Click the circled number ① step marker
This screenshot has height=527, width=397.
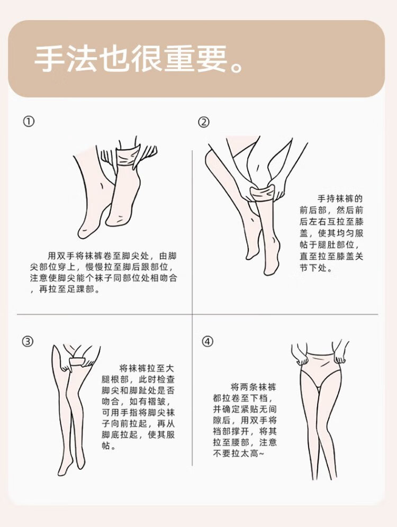[29, 121]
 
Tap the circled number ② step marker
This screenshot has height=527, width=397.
[204, 122]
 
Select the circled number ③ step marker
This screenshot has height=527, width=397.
[28, 341]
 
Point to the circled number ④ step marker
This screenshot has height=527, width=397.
[207, 341]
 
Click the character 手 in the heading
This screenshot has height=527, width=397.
[49, 59]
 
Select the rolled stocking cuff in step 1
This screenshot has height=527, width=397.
[128, 158]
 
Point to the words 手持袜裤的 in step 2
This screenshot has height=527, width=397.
[340, 199]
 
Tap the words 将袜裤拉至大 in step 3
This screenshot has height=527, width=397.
[147, 368]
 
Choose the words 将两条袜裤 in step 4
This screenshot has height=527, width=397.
[254, 387]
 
